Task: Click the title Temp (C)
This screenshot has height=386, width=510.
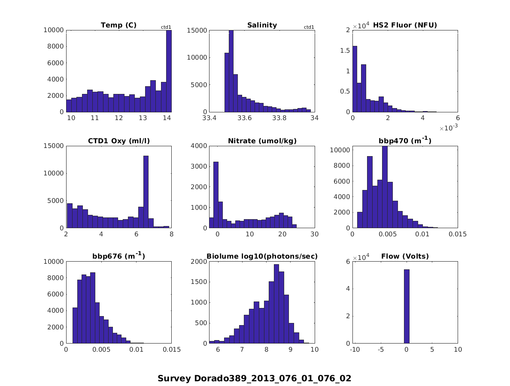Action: click(118, 25)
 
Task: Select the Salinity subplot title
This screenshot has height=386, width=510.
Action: click(262, 25)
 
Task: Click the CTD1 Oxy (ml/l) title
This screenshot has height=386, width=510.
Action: click(118, 141)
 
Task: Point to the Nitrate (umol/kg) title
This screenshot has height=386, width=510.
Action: click(262, 141)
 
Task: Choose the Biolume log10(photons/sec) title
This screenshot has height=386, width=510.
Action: click(262, 256)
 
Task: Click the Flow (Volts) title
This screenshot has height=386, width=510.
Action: click(405, 256)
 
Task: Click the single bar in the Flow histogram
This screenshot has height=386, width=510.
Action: click(407, 306)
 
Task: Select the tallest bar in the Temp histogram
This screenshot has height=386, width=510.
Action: click(169, 71)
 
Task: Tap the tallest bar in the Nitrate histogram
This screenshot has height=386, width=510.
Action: click(216, 195)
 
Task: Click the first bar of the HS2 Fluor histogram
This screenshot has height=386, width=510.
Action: click(355, 79)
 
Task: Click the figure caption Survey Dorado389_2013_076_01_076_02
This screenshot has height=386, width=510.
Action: click(254, 378)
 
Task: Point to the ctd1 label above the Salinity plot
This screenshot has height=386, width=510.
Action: click(309, 27)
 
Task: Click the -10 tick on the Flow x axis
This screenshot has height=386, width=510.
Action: click(355, 350)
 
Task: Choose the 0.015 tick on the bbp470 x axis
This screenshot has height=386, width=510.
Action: click(457, 234)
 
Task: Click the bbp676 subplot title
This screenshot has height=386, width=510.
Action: click(118, 256)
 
